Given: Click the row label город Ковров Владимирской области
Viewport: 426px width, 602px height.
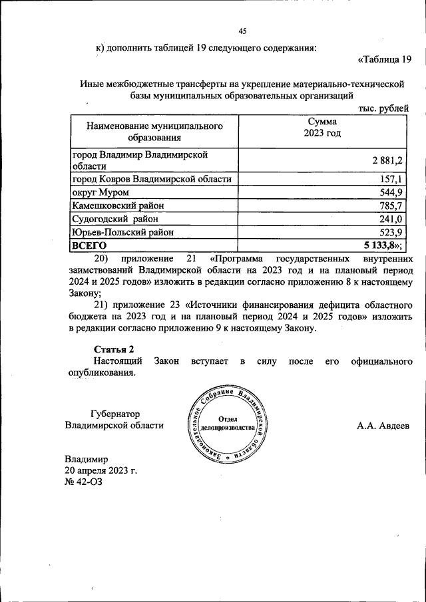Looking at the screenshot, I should pyautogui.click(x=152, y=179).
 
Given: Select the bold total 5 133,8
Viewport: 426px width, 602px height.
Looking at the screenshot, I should pyautogui.click(x=385, y=246).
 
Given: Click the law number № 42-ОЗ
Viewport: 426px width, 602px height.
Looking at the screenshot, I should pyautogui.click(x=84, y=482).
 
